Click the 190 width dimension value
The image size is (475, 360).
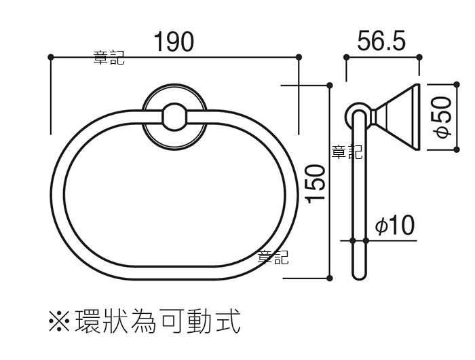[174, 42]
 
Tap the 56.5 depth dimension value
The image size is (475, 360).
[381, 41]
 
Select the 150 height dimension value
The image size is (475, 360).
[316, 184]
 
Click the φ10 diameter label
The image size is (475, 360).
[395, 225]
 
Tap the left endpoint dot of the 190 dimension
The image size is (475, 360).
[51, 57]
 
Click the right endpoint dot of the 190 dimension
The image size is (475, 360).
[299, 57]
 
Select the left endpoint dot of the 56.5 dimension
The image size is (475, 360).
[347, 57]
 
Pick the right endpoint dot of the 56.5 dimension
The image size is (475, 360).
[419, 57]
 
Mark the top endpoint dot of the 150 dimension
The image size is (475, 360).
[330, 86]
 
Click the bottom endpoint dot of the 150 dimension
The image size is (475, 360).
[330, 278]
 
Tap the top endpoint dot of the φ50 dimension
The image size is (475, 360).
[457, 84]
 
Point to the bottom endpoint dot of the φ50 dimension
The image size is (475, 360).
[457, 149]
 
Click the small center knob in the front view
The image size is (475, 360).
[174, 117]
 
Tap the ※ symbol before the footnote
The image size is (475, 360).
[60, 321]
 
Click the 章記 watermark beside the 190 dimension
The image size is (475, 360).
[109, 58]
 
